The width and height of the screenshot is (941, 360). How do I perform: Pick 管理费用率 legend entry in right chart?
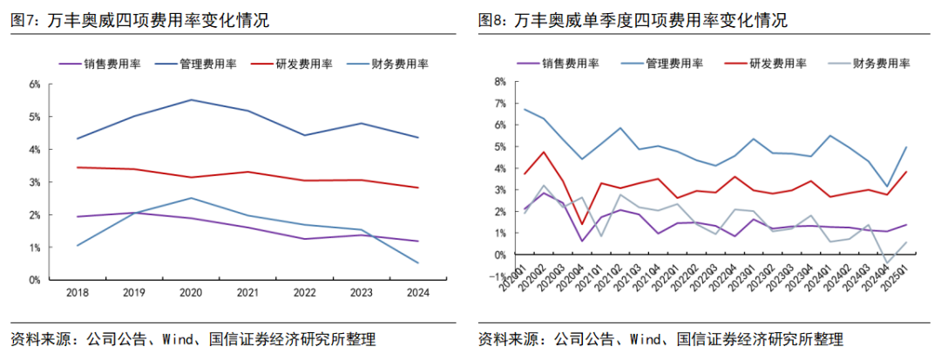(x=672, y=63)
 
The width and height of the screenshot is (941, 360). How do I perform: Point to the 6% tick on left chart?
(x=36, y=85)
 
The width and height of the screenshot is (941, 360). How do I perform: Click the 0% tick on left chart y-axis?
(x=36, y=281)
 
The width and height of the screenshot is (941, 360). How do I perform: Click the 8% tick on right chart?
(x=500, y=82)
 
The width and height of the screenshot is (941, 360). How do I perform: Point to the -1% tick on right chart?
(x=498, y=276)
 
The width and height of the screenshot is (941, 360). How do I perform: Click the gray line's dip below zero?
(x=888, y=263)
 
